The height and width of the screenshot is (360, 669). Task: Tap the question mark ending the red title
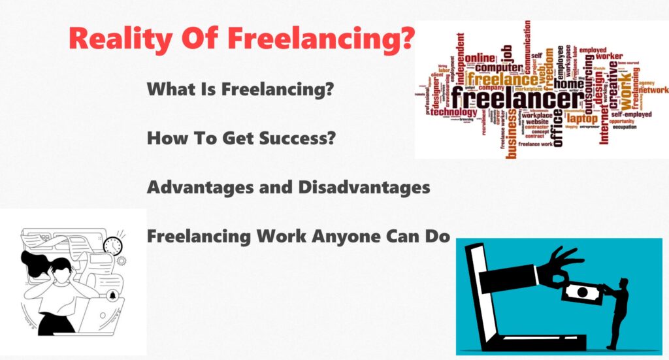406,38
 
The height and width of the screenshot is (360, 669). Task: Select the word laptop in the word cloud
581,118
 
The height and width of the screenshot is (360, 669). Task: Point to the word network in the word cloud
653,90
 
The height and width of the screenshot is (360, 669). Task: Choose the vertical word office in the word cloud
557,128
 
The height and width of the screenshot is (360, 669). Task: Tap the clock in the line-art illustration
112,246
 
